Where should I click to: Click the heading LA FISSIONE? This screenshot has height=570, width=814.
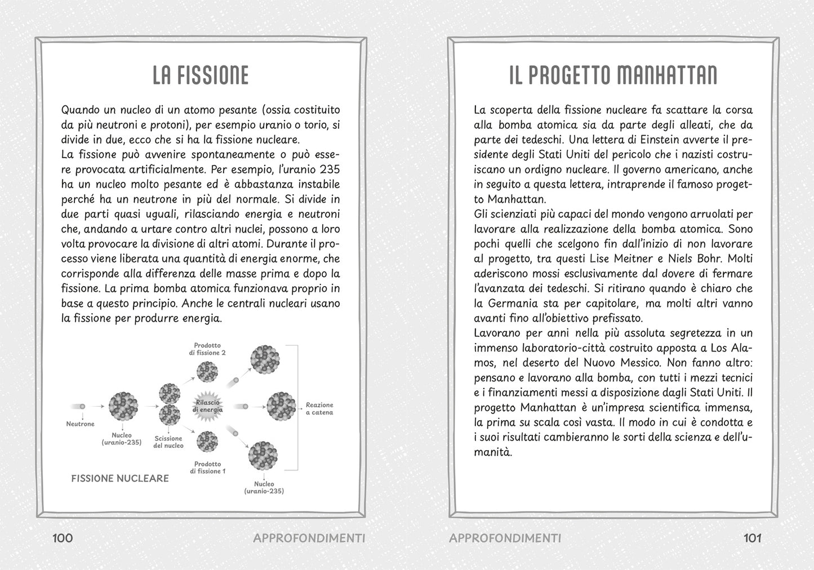[201, 75]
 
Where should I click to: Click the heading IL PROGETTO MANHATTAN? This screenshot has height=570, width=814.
[613, 75]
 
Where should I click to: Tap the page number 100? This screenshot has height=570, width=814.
[63, 538]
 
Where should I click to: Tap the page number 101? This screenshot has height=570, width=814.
[753, 538]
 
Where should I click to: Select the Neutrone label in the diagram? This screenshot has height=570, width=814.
[81, 424]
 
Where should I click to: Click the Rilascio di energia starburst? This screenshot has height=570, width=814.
[209, 406]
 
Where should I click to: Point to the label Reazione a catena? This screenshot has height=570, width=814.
[319, 408]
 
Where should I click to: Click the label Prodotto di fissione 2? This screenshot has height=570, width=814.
[207, 349]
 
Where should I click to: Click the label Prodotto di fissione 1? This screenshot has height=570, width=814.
[207, 467]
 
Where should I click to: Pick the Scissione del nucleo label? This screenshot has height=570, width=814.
[168, 442]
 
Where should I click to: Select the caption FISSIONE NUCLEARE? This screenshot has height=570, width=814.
[120, 478]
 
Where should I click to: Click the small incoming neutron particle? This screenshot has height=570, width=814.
[83, 406]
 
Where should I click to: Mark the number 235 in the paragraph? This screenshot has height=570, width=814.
[330, 170]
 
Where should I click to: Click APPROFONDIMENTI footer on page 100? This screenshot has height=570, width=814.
[309, 538]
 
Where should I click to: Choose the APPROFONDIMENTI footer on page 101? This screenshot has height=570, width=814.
[505, 538]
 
